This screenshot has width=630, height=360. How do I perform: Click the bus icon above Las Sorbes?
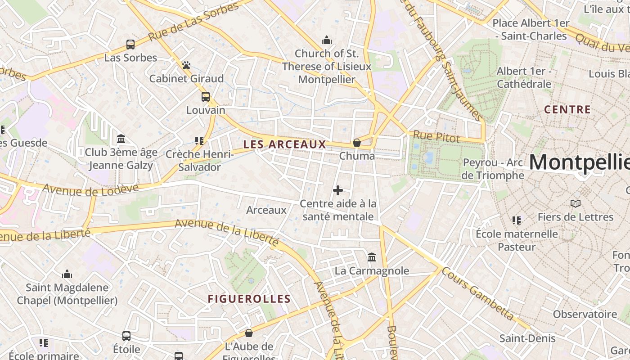(130, 44)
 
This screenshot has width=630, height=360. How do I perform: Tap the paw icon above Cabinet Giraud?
(186, 65)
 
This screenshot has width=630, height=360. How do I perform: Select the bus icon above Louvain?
(206, 97)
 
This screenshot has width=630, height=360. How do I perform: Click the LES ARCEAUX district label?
(284, 144)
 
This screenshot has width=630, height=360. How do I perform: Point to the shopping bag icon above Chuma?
(357, 143)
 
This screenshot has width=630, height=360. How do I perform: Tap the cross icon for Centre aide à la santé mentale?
(338, 190)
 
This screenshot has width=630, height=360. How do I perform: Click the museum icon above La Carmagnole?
(372, 257)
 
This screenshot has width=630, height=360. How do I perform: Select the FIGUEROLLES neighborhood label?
(249, 299)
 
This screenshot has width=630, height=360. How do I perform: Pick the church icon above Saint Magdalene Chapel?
(67, 274)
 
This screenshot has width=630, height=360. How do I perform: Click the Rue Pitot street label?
(436, 137)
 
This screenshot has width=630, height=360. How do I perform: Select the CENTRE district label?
(567, 109)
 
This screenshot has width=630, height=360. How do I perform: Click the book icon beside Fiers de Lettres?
(575, 203)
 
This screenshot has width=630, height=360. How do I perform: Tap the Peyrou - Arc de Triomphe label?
(493, 169)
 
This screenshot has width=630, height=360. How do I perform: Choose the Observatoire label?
(585, 314)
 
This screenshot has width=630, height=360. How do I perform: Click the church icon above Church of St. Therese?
(327, 40)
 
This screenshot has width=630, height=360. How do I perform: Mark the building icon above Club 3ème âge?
(121, 139)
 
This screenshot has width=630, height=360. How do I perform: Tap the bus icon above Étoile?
(126, 336)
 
